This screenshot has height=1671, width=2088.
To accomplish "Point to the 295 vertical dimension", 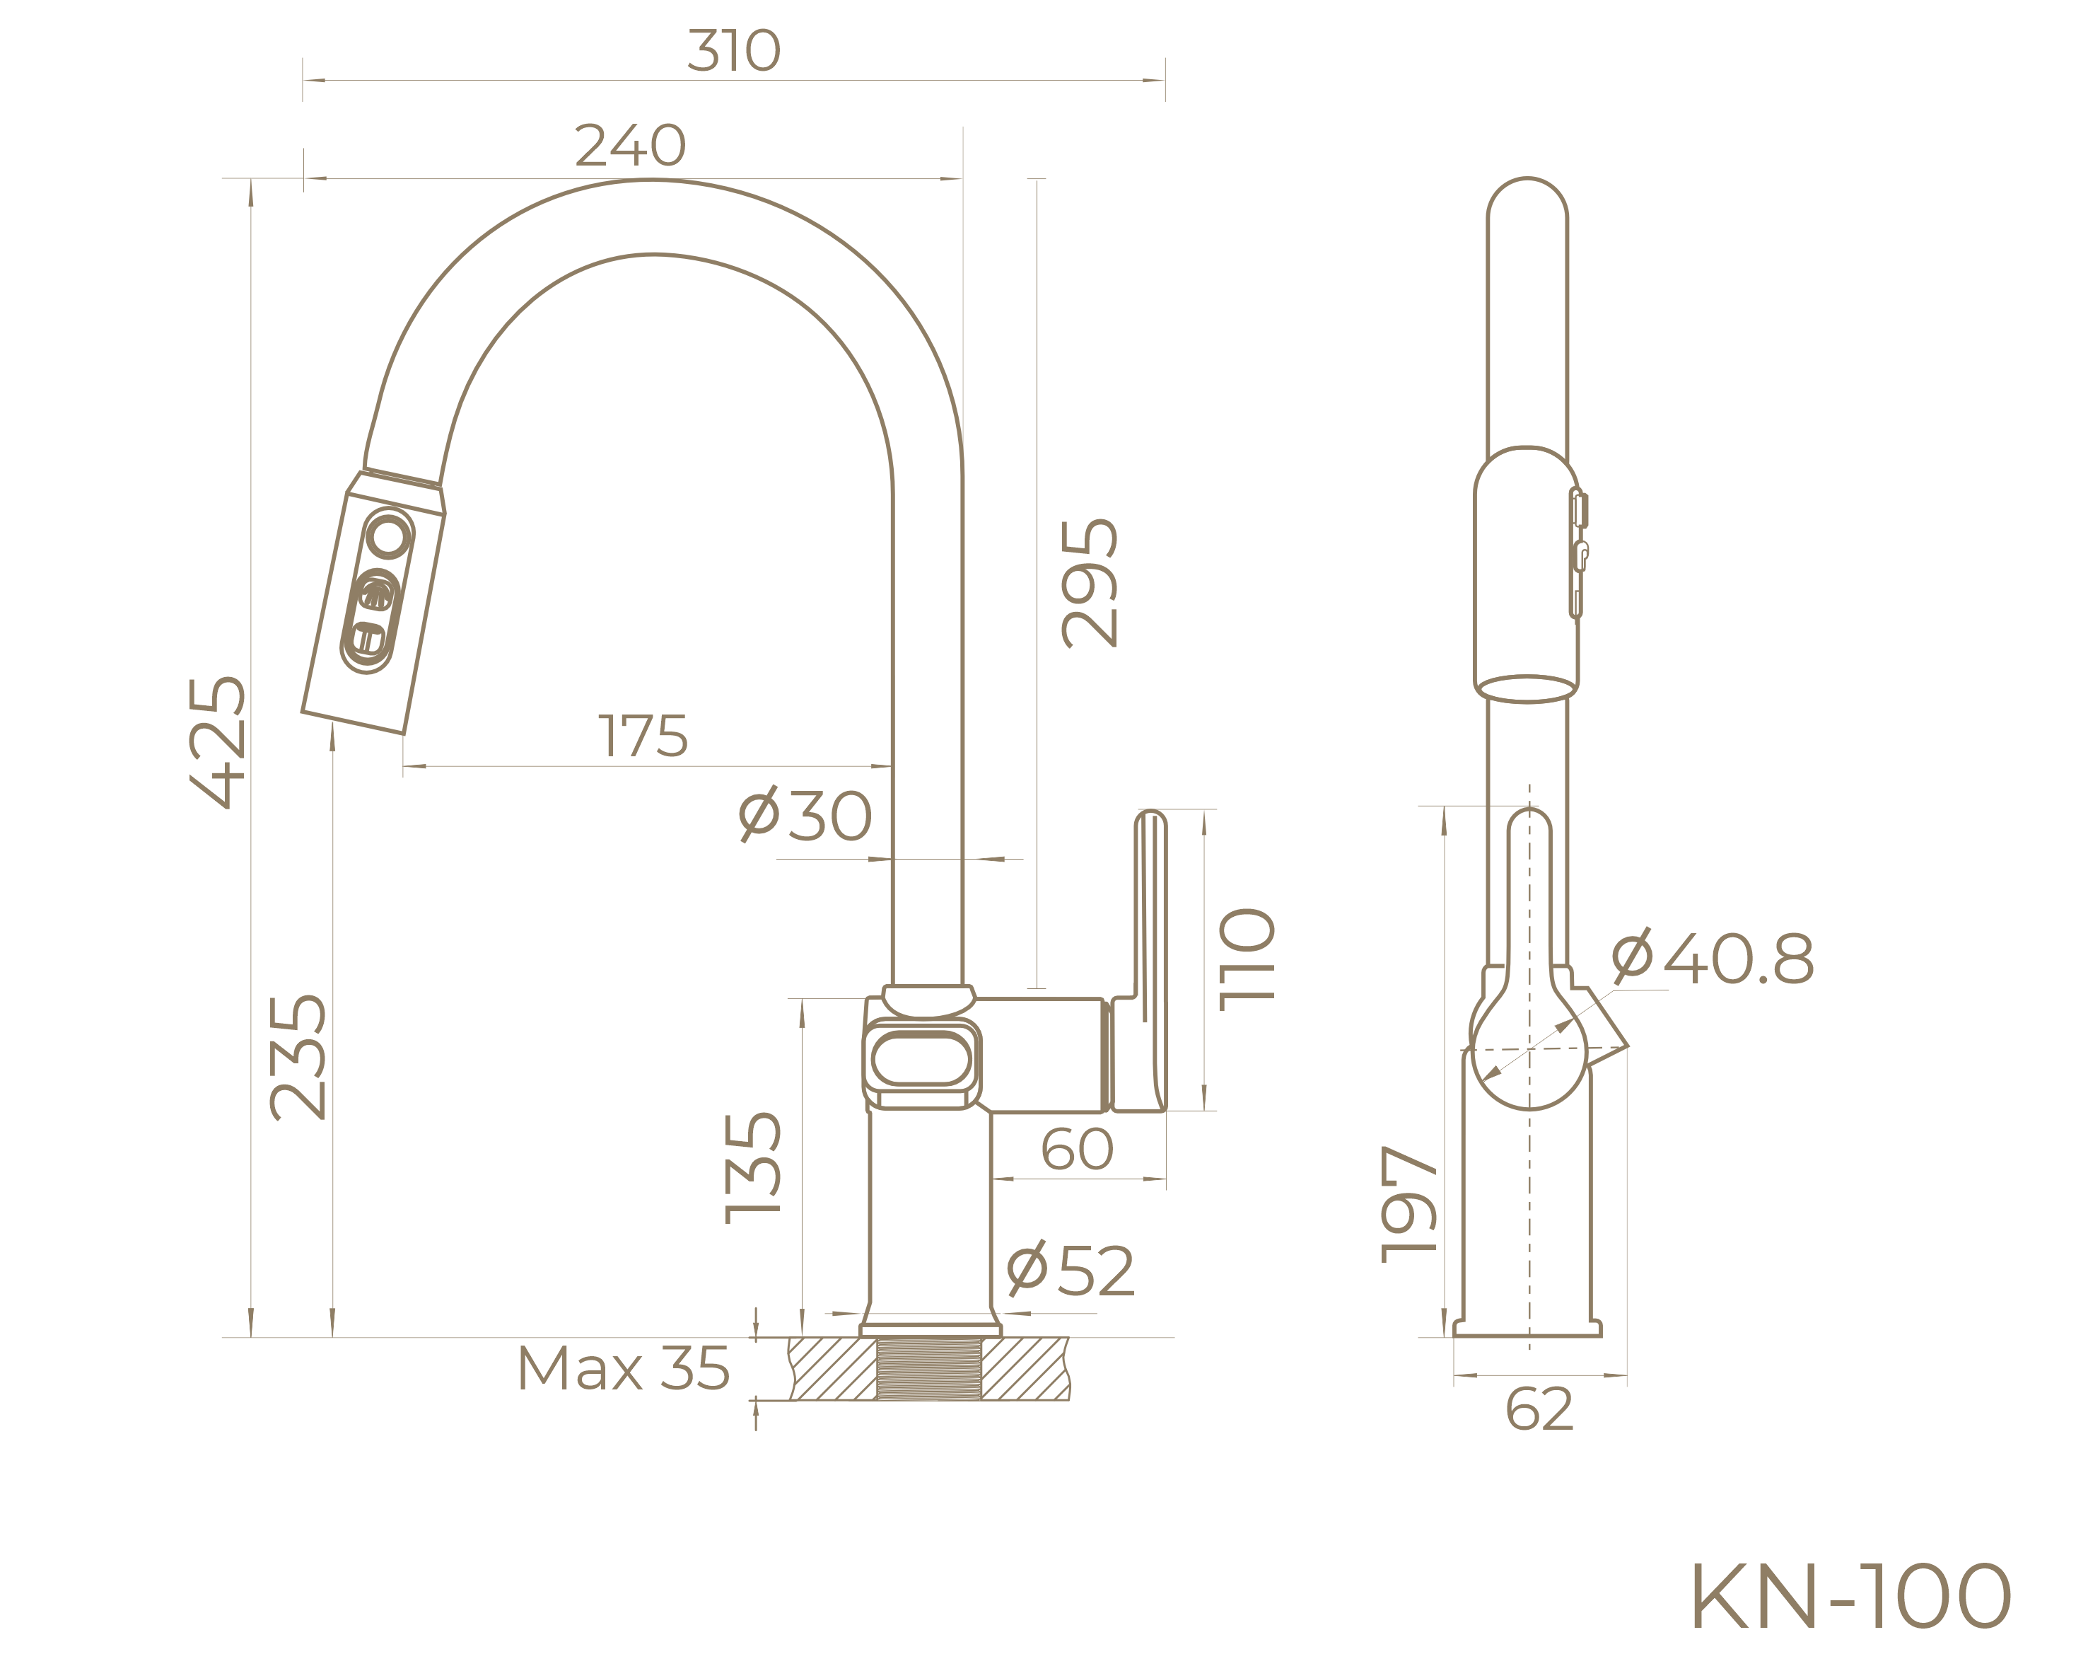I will coord(1090,583).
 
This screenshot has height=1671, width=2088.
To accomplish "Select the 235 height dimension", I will coord(297,1058).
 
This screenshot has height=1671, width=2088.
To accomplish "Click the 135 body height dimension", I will coord(752,1167).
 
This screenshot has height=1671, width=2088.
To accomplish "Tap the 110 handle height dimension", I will coord(1247,960).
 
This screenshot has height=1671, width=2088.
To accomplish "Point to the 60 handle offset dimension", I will coord(1077,1150).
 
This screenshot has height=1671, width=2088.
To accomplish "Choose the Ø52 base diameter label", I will coord(1070,1270).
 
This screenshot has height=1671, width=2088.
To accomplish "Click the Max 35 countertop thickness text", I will coord(623,1369).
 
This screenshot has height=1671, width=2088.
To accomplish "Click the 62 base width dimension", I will coord(1539,1409).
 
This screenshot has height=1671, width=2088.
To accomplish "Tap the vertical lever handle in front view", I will coord(1150,959).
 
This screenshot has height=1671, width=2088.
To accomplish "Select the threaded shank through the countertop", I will coord(930,1369).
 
